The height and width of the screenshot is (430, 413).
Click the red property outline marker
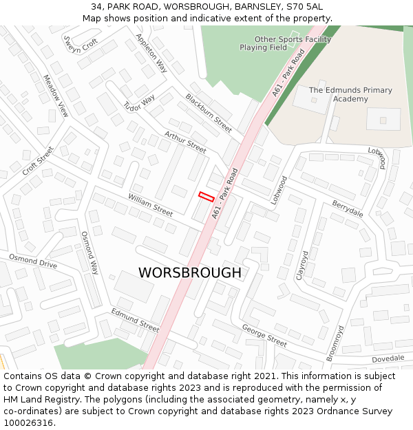(206, 196)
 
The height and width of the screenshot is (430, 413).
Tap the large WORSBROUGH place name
(190, 273)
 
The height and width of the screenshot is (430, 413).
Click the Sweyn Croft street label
(81, 44)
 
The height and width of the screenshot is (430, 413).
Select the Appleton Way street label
(151, 53)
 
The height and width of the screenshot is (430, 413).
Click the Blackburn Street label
(209, 113)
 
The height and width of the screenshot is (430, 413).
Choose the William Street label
(150, 204)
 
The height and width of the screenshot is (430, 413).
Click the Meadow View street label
(56, 96)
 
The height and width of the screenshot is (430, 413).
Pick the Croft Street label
(37, 160)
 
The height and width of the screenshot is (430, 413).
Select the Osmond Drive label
(33, 261)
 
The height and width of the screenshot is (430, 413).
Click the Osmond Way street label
(90, 252)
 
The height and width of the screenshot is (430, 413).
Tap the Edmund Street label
(135, 320)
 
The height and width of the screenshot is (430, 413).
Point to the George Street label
(264, 335)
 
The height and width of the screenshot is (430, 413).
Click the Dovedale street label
(388, 358)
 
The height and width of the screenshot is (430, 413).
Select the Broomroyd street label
(335, 342)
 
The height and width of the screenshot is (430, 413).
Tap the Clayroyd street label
(303, 266)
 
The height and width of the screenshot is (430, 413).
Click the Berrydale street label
(348, 209)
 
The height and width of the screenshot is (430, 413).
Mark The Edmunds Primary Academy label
(350, 94)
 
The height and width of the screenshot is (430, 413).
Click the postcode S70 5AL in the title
(304, 6)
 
